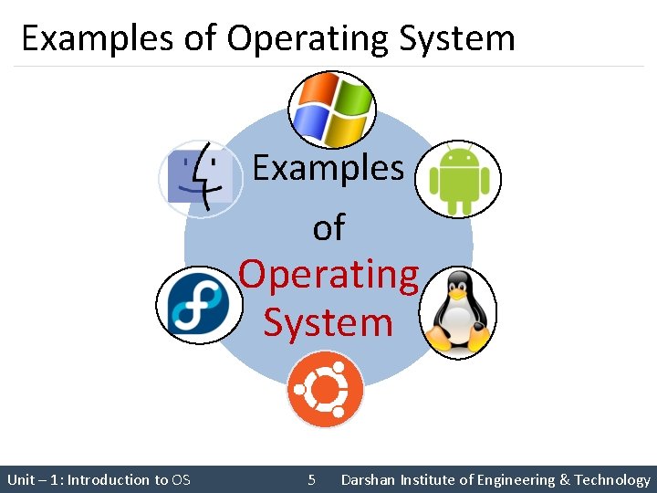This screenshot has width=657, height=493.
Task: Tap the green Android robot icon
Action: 459,179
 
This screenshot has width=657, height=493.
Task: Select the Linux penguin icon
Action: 458,313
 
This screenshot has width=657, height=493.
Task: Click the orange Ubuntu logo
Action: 326,390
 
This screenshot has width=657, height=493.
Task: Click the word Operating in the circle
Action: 328,274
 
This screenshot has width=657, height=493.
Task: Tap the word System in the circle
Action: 328,322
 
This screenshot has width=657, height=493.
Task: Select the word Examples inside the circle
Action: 328,167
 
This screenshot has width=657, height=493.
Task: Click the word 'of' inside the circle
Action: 328,227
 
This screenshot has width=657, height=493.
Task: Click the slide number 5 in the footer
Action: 312,479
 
